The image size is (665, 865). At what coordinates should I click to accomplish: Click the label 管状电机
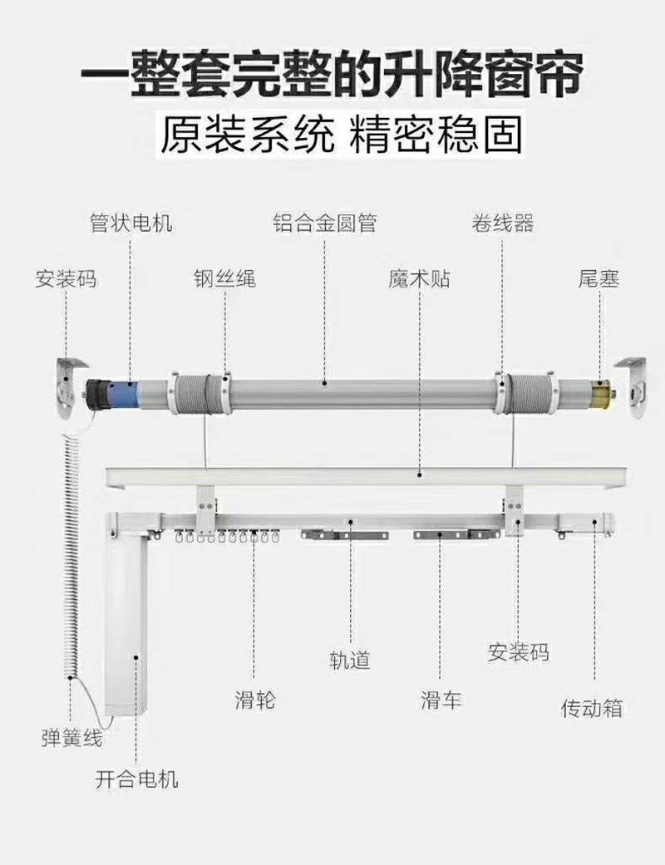click(131, 224)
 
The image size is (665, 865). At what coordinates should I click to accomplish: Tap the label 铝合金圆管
click(325, 224)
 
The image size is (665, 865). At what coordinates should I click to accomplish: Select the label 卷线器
click(503, 224)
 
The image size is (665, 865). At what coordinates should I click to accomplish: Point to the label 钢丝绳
click(224, 278)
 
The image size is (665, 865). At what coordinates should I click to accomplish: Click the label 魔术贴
click(419, 278)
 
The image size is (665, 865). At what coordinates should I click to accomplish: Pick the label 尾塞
click(598, 278)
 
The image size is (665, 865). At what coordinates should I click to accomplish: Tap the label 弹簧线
click(71, 738)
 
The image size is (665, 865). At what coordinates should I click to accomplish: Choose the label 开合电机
click(137, 779)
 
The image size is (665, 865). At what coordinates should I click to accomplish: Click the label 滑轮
click(254, 700)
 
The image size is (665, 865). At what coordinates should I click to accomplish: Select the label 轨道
click(349, 660)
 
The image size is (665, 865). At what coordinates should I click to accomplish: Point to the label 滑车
click(441, 700)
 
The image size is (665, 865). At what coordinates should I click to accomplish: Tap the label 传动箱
click(592, 708)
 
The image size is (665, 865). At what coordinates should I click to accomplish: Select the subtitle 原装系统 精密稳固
click(341, 135)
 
